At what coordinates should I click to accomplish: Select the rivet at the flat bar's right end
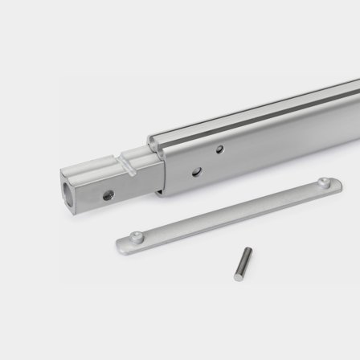[x=324, y=183]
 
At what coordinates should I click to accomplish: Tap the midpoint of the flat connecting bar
[x=229, y=211]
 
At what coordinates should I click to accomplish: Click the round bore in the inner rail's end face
[x=67, y=187]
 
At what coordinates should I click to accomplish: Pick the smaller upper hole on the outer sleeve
[x=219, y=149]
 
